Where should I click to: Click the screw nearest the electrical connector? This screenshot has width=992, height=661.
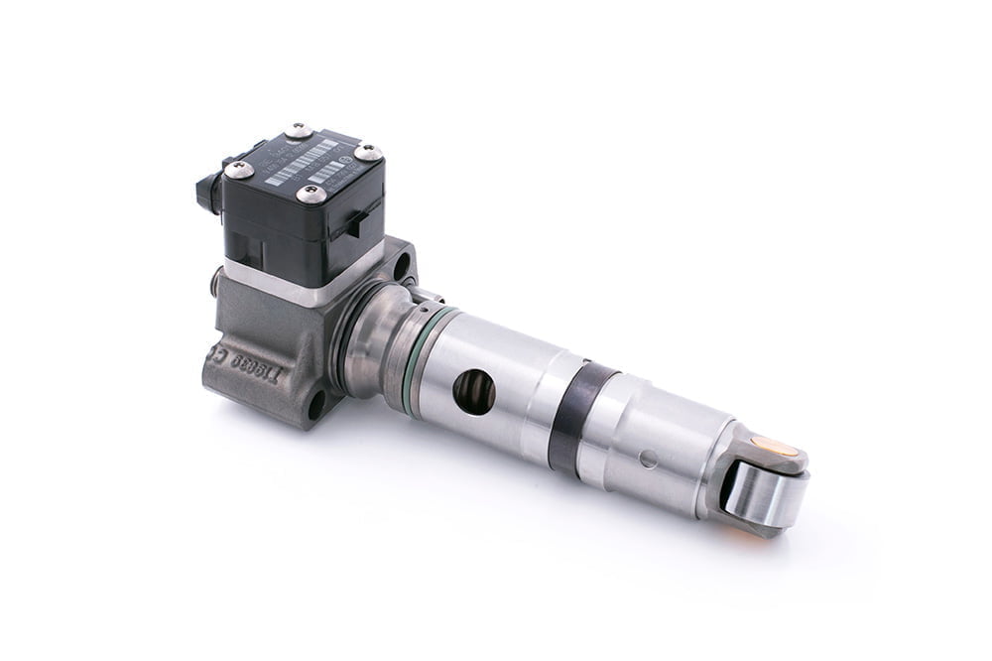tap(239, 169)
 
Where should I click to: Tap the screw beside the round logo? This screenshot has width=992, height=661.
tap(368, 153)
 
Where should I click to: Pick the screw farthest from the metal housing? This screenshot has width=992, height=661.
tap(299, 131)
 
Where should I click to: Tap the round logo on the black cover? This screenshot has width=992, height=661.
tap(346, 162)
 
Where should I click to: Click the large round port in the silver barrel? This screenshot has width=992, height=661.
tap(474, 391)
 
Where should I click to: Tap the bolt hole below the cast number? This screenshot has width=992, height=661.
tap(316, 404)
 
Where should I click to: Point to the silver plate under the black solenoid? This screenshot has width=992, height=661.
tap(298, 283)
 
